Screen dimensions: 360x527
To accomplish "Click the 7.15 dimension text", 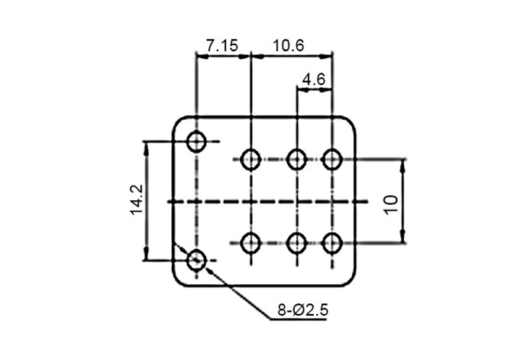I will [222, 45].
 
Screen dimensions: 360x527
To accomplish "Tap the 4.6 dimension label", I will [314, 79].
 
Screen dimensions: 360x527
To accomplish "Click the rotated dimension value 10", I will [391, 203].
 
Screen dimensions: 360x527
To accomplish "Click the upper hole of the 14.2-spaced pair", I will [197, 141].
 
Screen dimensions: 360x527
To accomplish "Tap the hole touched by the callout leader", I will [197, 261].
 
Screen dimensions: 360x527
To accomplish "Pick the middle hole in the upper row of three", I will [297, 160].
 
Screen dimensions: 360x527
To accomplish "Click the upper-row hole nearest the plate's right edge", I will [331, 160].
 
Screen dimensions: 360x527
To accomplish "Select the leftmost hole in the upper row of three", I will [251, 160].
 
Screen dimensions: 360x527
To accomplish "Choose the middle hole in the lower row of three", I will [297, 243].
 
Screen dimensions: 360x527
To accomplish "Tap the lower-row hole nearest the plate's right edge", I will [331, 243].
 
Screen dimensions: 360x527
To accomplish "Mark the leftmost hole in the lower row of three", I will [251, 243].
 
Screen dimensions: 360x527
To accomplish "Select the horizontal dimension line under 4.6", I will [314, 89].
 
